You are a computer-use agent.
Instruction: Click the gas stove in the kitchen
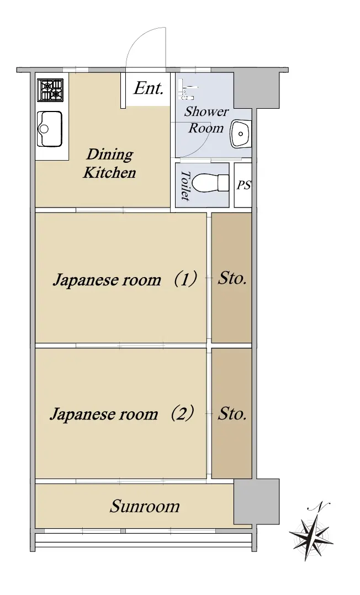50,91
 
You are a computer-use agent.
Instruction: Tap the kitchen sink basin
49,129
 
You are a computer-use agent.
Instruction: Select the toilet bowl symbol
210,184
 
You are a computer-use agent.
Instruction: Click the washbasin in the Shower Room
241,133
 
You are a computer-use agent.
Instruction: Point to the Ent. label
149,88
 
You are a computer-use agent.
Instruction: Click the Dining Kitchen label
110,163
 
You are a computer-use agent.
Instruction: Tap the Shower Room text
206,120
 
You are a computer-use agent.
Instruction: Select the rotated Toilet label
185,185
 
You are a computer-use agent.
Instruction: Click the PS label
244,185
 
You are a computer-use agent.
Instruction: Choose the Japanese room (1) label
125,280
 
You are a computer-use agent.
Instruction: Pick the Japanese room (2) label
122,413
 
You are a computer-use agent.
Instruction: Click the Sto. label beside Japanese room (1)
232,279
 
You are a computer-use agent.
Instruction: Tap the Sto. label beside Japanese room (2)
232,413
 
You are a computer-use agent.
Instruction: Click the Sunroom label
145,506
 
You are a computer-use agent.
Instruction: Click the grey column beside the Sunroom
256,501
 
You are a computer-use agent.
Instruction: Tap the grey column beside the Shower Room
256,90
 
